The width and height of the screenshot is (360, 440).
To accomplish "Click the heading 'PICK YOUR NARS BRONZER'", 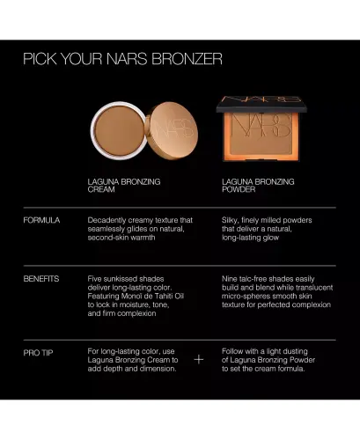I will [122, 60].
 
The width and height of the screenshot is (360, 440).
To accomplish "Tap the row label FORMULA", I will [41, 219].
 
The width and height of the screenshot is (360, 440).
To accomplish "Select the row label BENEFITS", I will [41, 278].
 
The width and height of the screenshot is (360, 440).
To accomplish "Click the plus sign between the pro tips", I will [198, 359].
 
